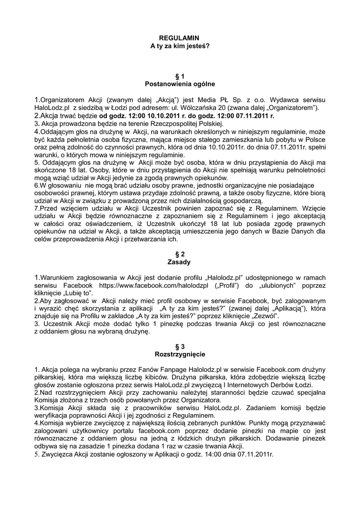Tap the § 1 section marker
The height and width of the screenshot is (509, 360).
tap(180, 76)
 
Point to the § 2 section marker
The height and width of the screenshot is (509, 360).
tap(180, 254)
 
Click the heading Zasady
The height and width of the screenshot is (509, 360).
tap(180, 261)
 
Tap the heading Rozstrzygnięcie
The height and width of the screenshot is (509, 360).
tap(180, 354)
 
